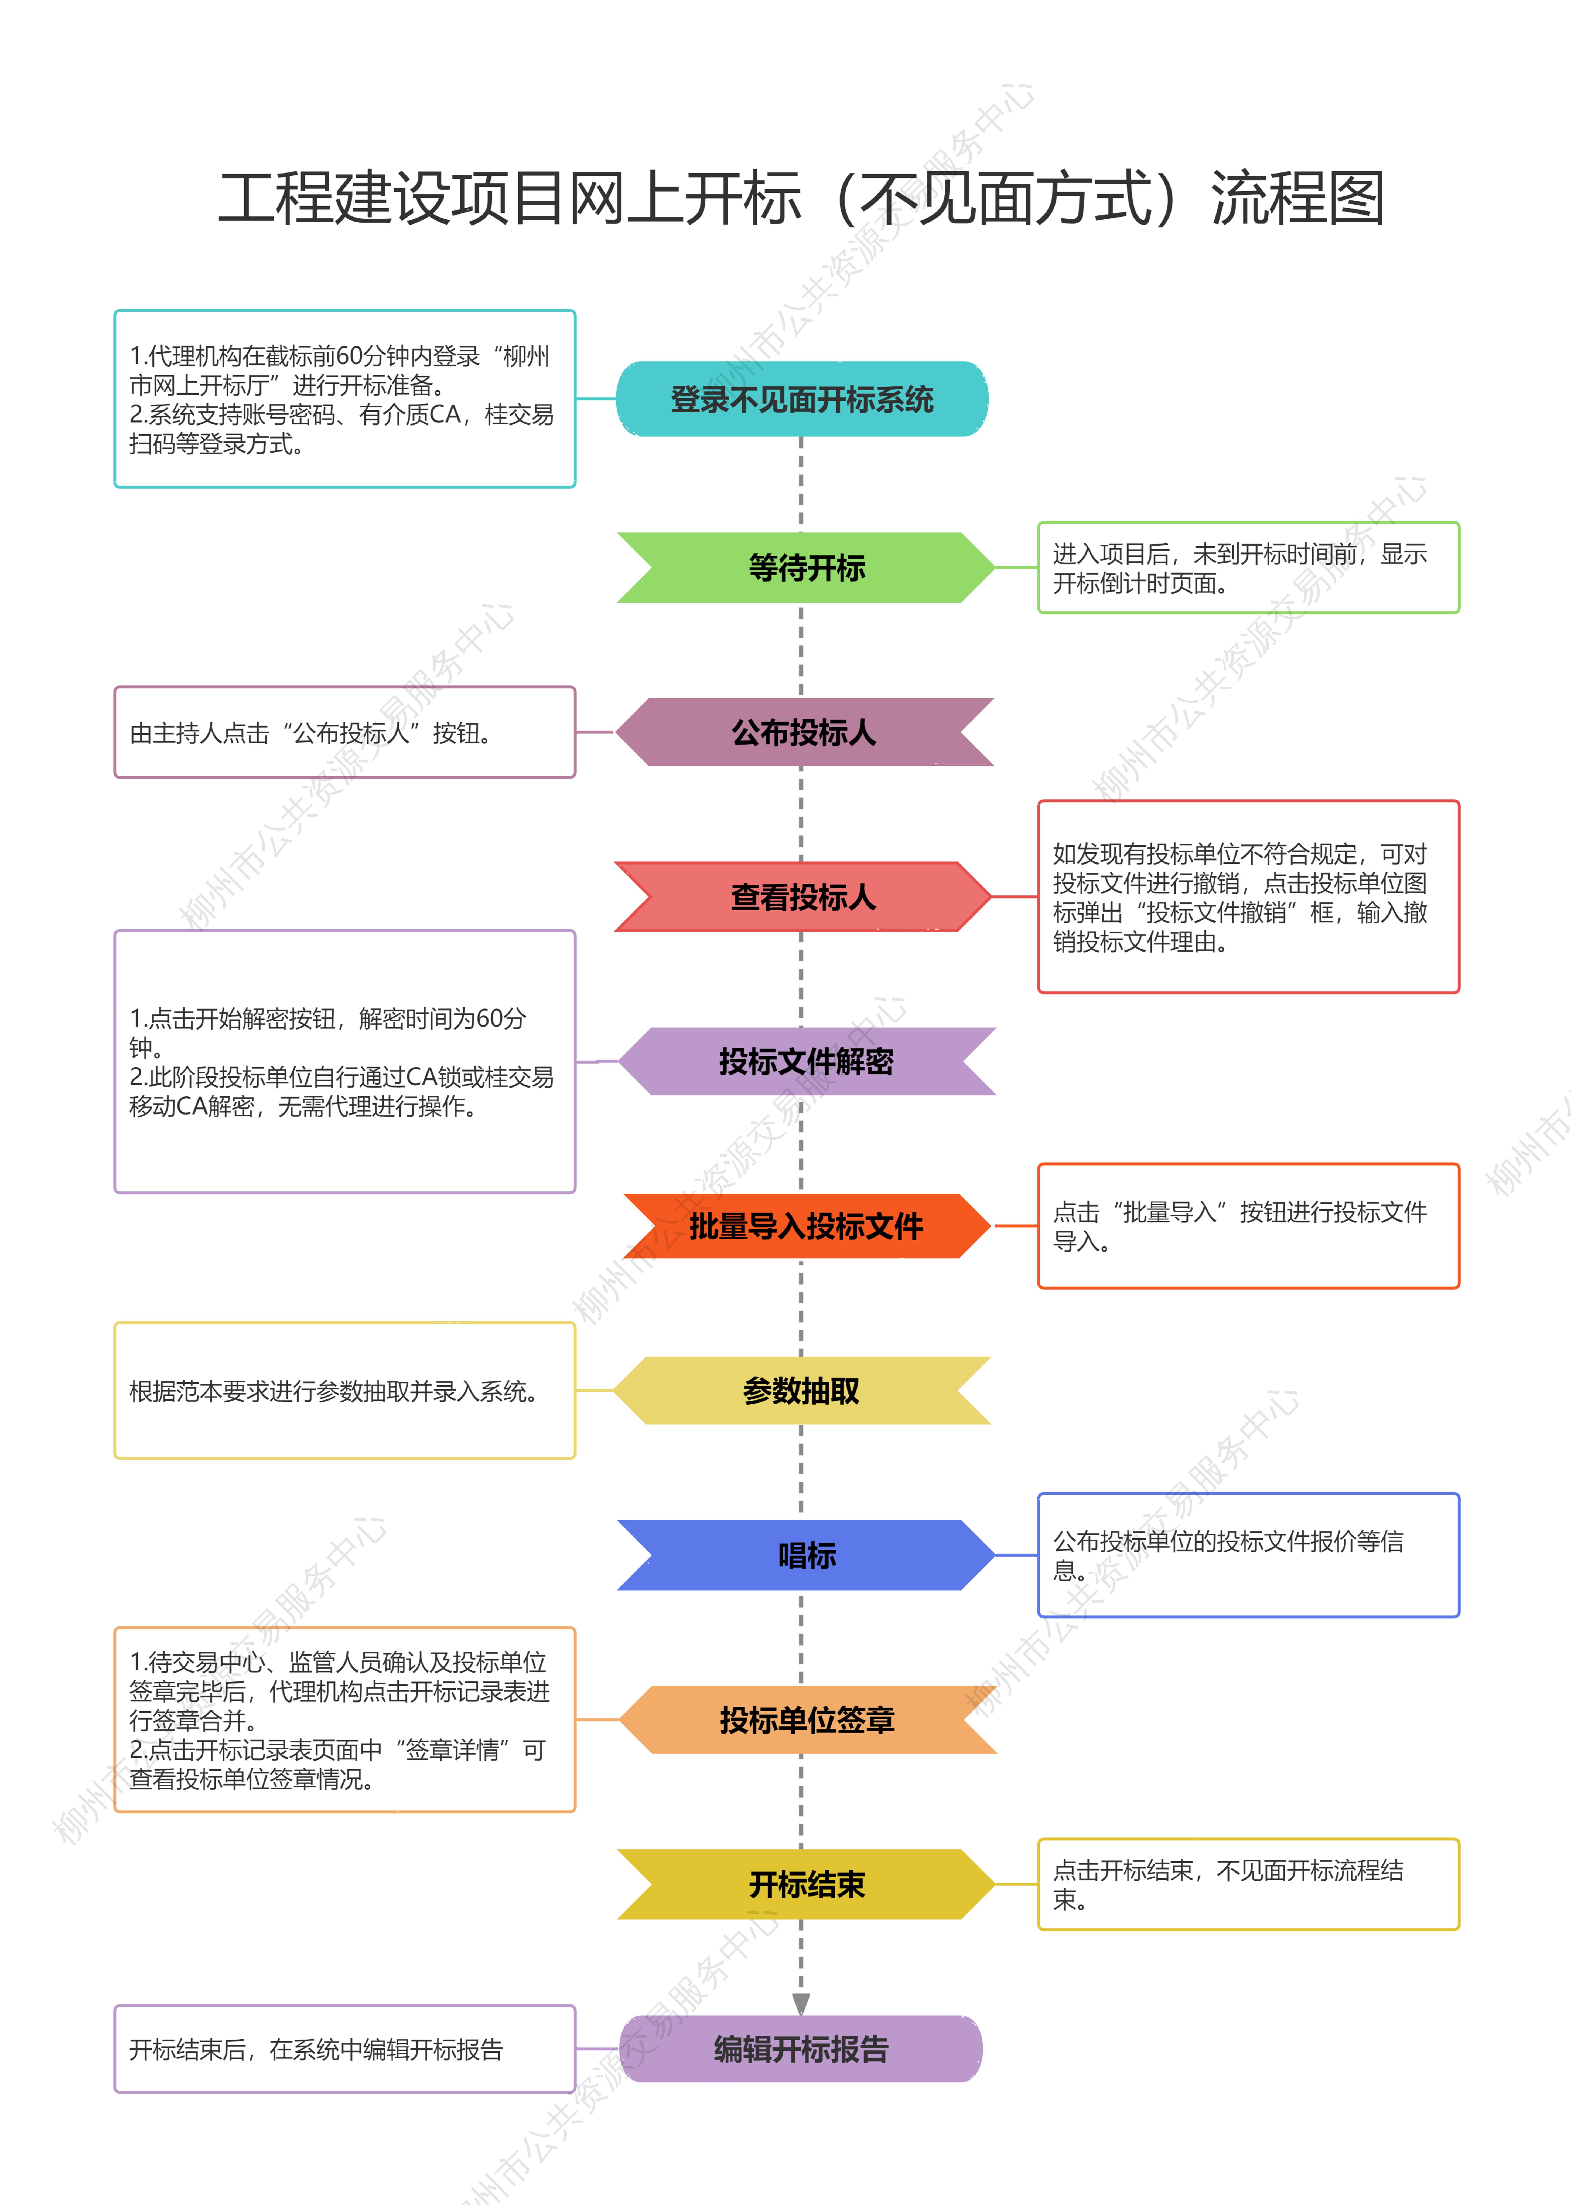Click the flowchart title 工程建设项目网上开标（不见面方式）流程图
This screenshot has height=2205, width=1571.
801,198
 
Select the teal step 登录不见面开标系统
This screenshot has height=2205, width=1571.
802,399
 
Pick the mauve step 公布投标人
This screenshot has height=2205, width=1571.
804,732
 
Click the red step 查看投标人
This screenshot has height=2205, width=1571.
803,897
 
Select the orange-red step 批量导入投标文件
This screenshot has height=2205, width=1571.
807,1226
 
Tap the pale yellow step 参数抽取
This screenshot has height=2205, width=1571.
802,1390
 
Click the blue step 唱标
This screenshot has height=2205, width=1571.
806,1555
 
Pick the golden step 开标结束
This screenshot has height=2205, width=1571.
806,1884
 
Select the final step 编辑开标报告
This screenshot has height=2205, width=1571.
801,2048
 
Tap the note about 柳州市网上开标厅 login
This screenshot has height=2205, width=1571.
345,399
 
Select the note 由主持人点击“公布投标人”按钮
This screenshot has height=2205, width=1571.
345,732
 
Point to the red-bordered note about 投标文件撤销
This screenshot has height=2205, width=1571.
1248,897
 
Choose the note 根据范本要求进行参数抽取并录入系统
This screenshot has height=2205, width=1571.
345,1390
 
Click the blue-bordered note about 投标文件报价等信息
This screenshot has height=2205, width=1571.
1248,1555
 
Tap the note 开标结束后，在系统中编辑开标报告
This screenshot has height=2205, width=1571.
345,2048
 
